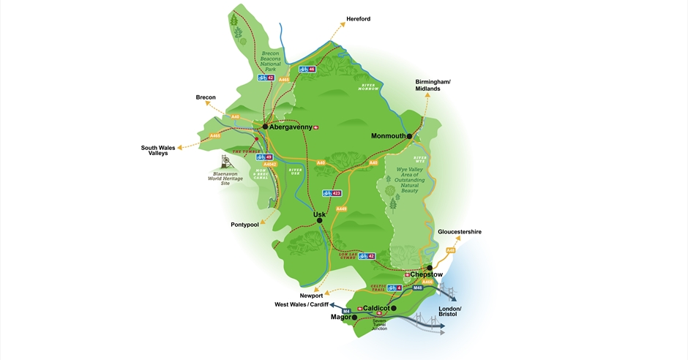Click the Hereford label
(358, 19)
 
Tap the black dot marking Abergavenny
(264, 127)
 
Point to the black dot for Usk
(319, 220)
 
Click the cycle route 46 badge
(307, 70)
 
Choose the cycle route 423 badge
(332, 193)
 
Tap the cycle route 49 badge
(264, 157)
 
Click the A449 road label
(341, 209)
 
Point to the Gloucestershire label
(460, 232)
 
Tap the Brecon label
(206, 97)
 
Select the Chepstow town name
(427, 275)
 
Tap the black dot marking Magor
(354, 318)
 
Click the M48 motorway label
(418, 288)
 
